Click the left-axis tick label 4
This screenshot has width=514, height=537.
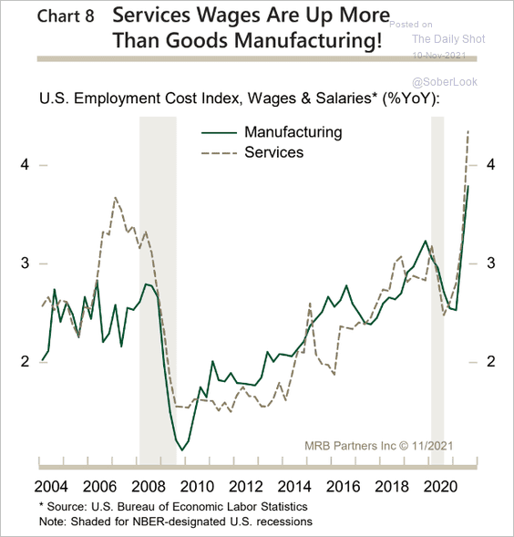click(26, 165)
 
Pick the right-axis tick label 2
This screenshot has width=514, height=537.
click(490, 362)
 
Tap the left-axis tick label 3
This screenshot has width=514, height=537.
click(26, 263)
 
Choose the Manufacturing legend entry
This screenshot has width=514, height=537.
click(293, 132)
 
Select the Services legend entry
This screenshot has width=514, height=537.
click(273, 152)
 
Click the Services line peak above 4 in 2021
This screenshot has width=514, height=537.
click(468, 131)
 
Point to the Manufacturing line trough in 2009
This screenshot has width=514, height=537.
click(182, 449)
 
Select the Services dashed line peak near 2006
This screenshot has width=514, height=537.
click(116, 197)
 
